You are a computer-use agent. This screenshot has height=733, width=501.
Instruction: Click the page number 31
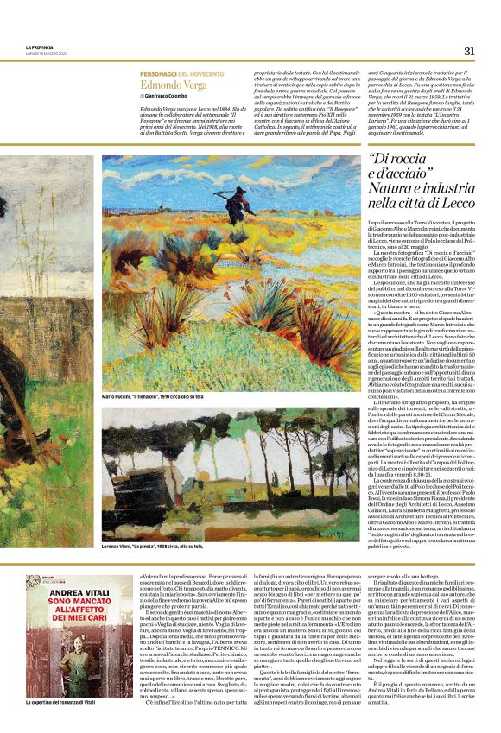click(469, 50)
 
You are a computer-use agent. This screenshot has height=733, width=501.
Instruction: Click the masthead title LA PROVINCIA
click(39, 47)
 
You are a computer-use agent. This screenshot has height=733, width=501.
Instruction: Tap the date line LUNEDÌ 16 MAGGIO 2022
click(47, 53)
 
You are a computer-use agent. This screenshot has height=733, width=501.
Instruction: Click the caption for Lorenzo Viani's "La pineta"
click(153, 546)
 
